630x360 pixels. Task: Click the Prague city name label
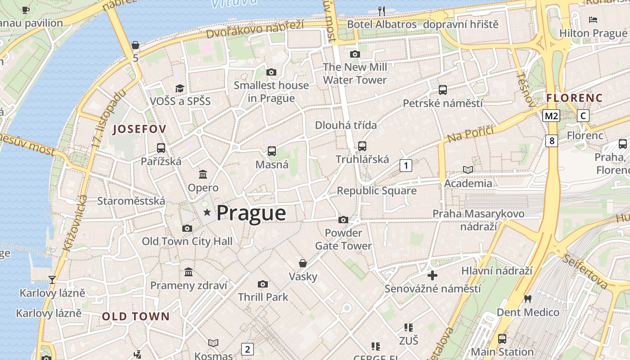pyautogui.click(x=251, y=213)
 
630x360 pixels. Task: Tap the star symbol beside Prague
pyautogui.click(x=207, y=212)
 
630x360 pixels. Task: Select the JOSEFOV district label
pyautogui.click(x=139, y=129)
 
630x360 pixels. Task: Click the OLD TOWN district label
pyautogui.click(x=136, y=316)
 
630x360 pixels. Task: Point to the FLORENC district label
pyautogui.click(x=574, y=98)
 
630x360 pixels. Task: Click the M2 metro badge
pyautogui.click(x=551, y=116)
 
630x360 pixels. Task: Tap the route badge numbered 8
pyautogui.click(x=552, y=141)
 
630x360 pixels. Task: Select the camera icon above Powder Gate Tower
pyautogui.click(x=343, y=220)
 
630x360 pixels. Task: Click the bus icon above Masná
pyautogui.click(x=272, y=151)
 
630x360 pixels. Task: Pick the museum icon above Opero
pyautogui.click(x=203, y=174)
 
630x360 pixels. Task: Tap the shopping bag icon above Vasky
pyautogui.click(x=303, y=263)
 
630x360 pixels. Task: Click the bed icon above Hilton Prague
pyautogui.click(x=593, y=20)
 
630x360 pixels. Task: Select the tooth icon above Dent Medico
pyautogui.click(x=528, y=299)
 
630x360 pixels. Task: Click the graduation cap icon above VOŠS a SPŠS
pyautogui.click(x=180, y=88)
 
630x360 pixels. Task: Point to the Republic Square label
pyautogui.click(x=377, y=191)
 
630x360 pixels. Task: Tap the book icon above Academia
pyautogui.click(x=468, y=170)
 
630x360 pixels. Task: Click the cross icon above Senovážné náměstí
pyautogui.click(x=432, y=275)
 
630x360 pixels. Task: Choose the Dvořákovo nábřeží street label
pyautogui.click(x=255, y=30)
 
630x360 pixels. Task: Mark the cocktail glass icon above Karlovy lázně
pyautogui.click(x=52, y=280)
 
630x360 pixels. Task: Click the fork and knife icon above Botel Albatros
pyautogui.click(x=382, y=11)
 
